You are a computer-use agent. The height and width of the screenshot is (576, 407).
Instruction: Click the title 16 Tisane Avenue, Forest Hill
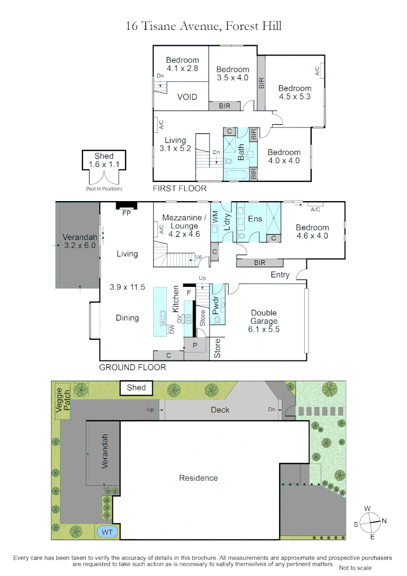point(203,25)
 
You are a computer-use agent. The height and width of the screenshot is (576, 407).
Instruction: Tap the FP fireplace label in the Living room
point(126,213)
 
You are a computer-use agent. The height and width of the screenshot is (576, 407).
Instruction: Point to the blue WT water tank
point(107,532)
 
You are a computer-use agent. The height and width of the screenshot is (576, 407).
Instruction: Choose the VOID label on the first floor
point(187,97)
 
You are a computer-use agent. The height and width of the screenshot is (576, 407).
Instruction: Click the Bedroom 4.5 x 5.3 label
point(295,92)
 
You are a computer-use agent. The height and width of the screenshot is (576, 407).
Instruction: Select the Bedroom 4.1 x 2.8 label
point(182,64)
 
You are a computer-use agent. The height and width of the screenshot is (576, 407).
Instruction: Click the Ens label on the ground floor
point(255,219)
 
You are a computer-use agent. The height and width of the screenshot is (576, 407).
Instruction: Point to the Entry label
point(280,275)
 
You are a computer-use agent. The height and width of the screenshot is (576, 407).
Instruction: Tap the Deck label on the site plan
point(220,410)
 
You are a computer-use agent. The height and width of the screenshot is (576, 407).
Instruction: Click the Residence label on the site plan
point(198,478)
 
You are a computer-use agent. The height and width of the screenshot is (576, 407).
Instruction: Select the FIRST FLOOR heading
point(180,188)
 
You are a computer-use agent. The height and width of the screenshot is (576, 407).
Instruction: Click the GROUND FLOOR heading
point(133,367)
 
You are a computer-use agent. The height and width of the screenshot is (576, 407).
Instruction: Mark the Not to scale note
point(355,567)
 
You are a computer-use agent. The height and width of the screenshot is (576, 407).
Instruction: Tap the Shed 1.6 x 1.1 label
point(104,161)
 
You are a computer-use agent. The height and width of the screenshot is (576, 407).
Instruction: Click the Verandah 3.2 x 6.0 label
point(80,242)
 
